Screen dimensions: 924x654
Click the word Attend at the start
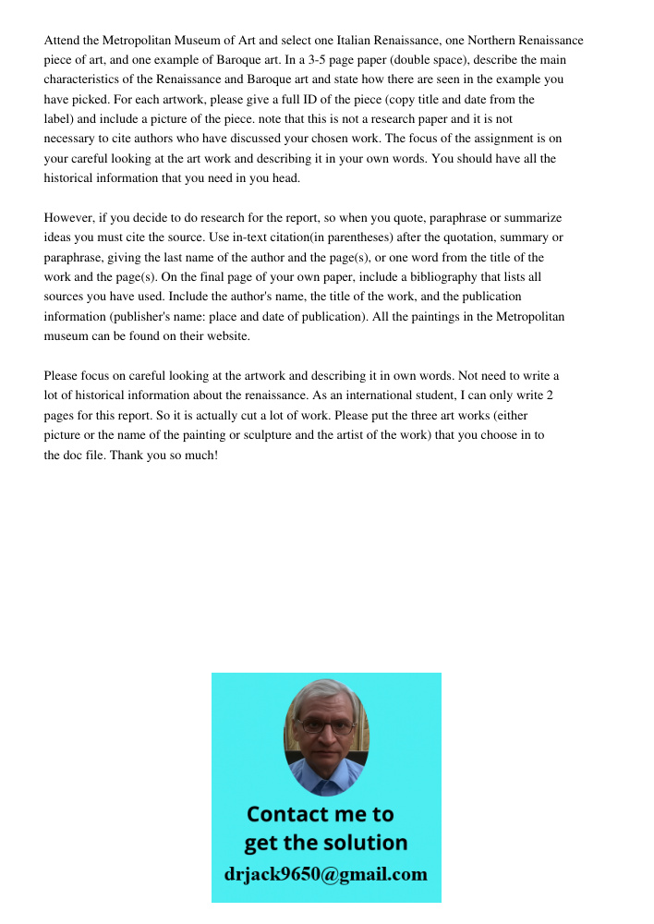[x=62, y=41]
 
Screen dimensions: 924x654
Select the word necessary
[x=69, y=139]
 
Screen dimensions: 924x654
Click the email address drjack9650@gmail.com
[x=326, y=874]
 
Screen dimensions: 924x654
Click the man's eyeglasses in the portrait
[x=326, y=726]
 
